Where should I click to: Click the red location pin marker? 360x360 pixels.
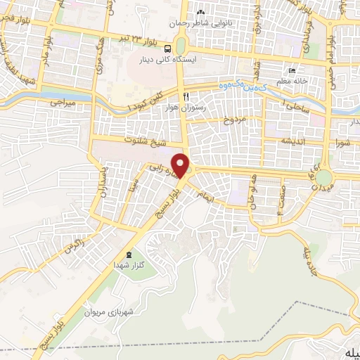[183, 165]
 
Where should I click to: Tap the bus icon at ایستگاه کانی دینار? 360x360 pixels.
[168, 49]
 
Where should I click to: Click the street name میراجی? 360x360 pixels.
[62, 103]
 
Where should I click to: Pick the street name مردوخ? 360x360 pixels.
[236, 120]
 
